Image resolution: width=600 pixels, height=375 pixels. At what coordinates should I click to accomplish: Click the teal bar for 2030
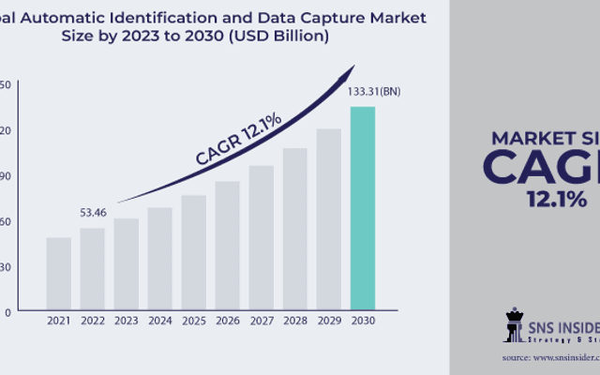(x=363, y=208)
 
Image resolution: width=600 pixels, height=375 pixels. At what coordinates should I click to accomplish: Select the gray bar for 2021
(x=59, y=273)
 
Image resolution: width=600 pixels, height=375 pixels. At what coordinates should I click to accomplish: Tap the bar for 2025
(x=194, y=252)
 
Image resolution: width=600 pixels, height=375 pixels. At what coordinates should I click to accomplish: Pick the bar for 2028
(x=295, y=229)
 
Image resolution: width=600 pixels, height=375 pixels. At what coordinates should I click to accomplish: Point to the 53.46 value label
(x=92, y=214)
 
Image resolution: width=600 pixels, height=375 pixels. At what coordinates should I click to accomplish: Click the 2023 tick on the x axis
(x=127, y=322)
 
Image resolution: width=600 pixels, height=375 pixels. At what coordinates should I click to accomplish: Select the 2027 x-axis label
(x=262, y=322)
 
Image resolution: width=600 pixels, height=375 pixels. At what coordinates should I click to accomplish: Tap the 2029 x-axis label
(x=329, y=322)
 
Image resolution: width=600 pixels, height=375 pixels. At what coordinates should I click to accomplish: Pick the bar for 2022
(x=93, y=268)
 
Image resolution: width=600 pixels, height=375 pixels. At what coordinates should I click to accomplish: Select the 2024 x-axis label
(x=160, y=322)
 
